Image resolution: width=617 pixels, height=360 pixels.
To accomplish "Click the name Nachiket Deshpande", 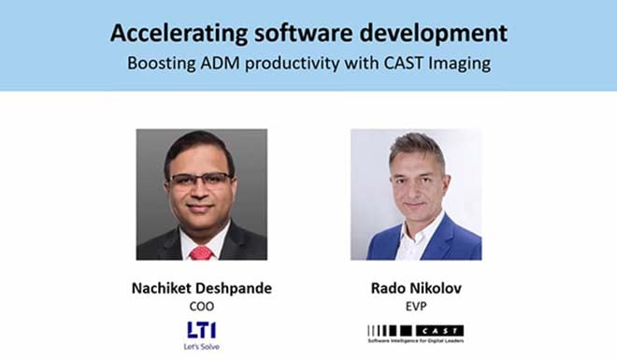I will coord(202,287).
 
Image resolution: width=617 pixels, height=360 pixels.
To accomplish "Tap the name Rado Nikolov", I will coord(416,287).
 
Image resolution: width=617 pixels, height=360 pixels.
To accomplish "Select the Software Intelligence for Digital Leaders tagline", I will coord(416,340).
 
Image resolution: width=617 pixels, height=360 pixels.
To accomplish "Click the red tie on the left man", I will coord(201,252).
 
